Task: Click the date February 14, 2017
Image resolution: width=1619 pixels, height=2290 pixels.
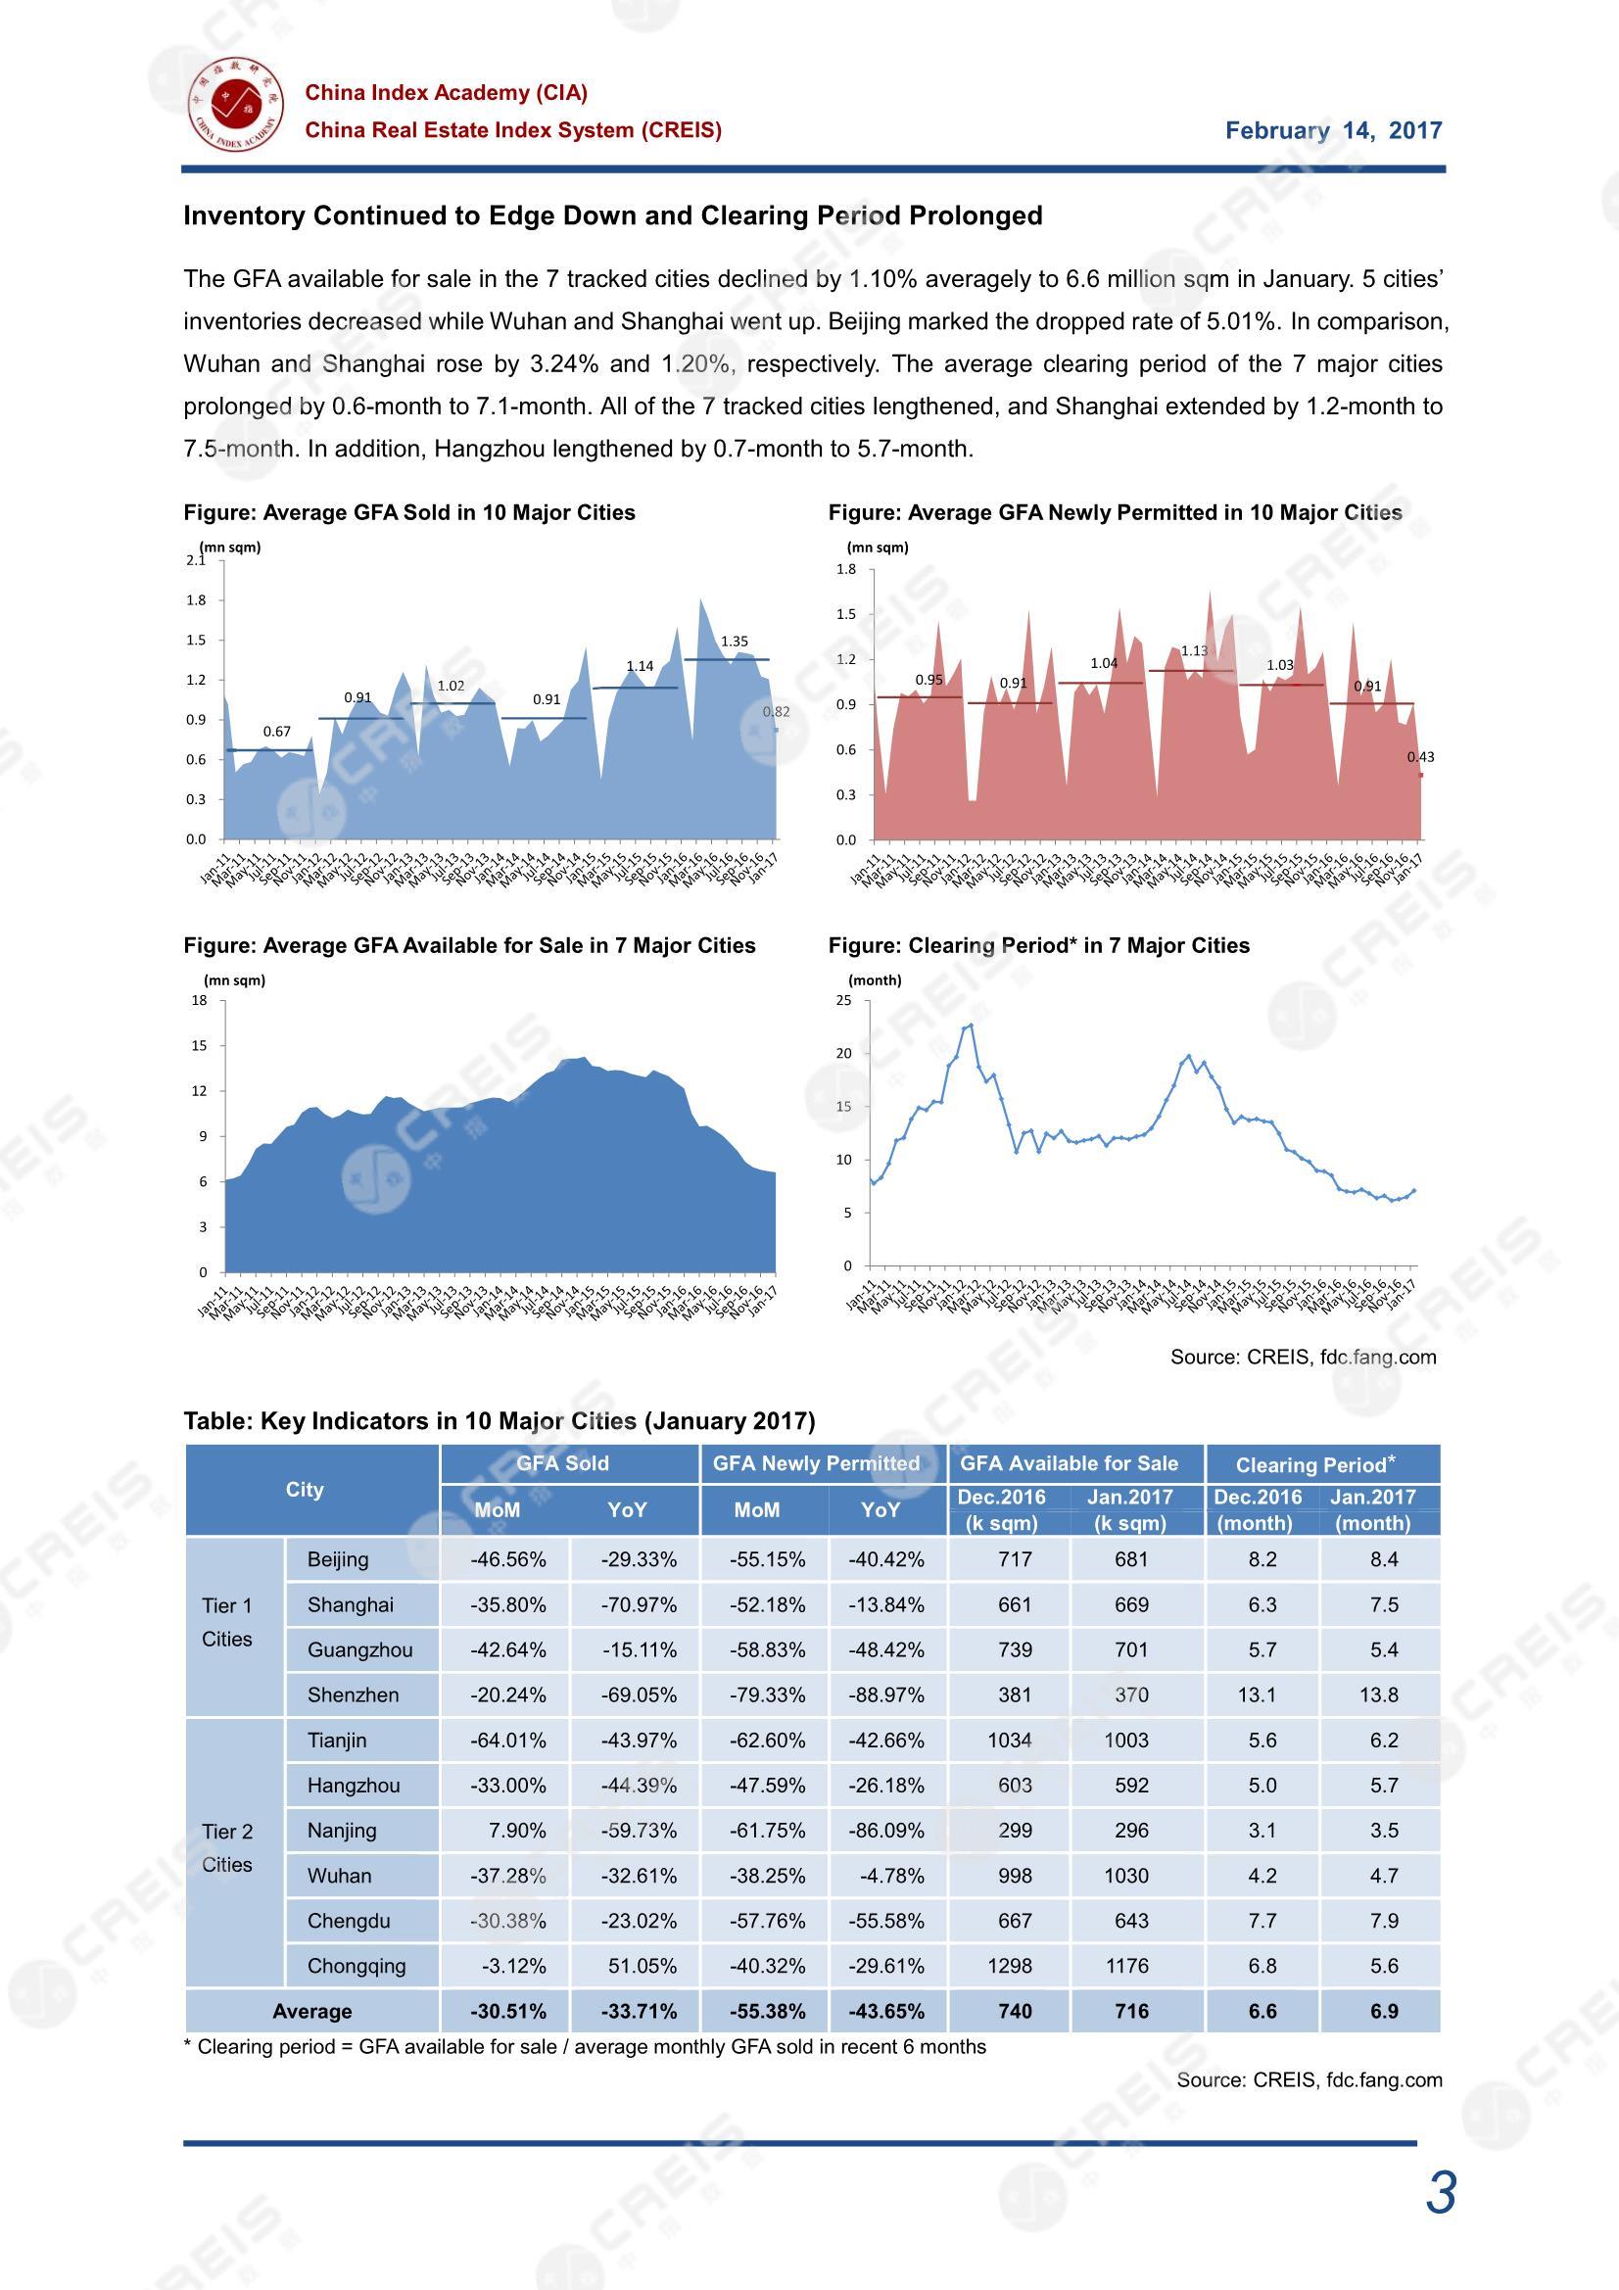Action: click(1333, 130)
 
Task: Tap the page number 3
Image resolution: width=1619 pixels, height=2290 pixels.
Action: click(1441, 2193)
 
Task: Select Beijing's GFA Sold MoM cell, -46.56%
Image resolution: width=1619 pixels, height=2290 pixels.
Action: click(507, 1559)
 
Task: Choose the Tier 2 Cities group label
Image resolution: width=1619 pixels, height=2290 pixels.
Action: click(227, 1847)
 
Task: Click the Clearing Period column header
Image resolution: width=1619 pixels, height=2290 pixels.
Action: click(1314, 1464)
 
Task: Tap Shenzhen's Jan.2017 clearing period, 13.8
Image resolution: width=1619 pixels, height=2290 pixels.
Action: click(1379, 1694)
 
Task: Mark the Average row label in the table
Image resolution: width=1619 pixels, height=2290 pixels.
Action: click(311, 2012)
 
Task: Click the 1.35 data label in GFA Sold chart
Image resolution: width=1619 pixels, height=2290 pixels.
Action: click(735, 642)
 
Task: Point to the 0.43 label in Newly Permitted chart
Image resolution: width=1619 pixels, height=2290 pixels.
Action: click(1420, 757)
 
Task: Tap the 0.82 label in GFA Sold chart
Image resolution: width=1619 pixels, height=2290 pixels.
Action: click(775, 711)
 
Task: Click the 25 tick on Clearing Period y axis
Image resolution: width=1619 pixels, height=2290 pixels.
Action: click(845, 1000)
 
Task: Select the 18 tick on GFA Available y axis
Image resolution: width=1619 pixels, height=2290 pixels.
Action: click(200, 1000)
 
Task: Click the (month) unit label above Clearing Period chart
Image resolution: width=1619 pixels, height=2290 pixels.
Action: click(875, 980)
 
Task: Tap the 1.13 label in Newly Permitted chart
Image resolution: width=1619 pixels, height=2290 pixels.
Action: click(1193, 651)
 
